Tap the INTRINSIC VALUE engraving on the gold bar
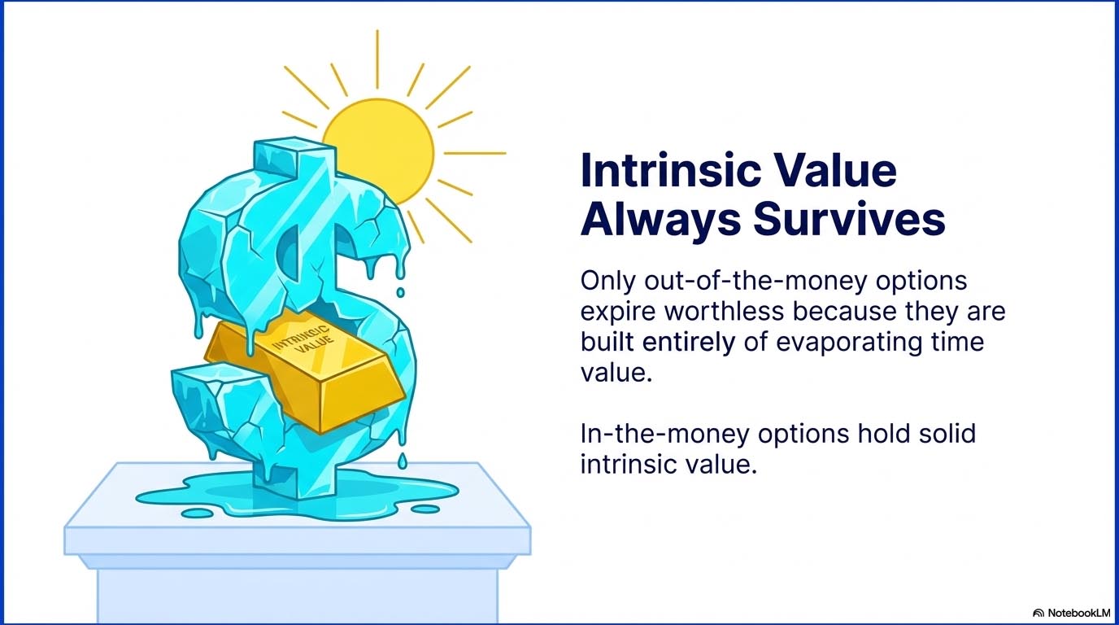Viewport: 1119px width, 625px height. [303, 340]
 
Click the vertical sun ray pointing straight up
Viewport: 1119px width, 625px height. [377, 59]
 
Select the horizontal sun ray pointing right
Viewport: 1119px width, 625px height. [475, 153]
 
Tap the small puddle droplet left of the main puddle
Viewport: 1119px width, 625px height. [198, 513]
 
